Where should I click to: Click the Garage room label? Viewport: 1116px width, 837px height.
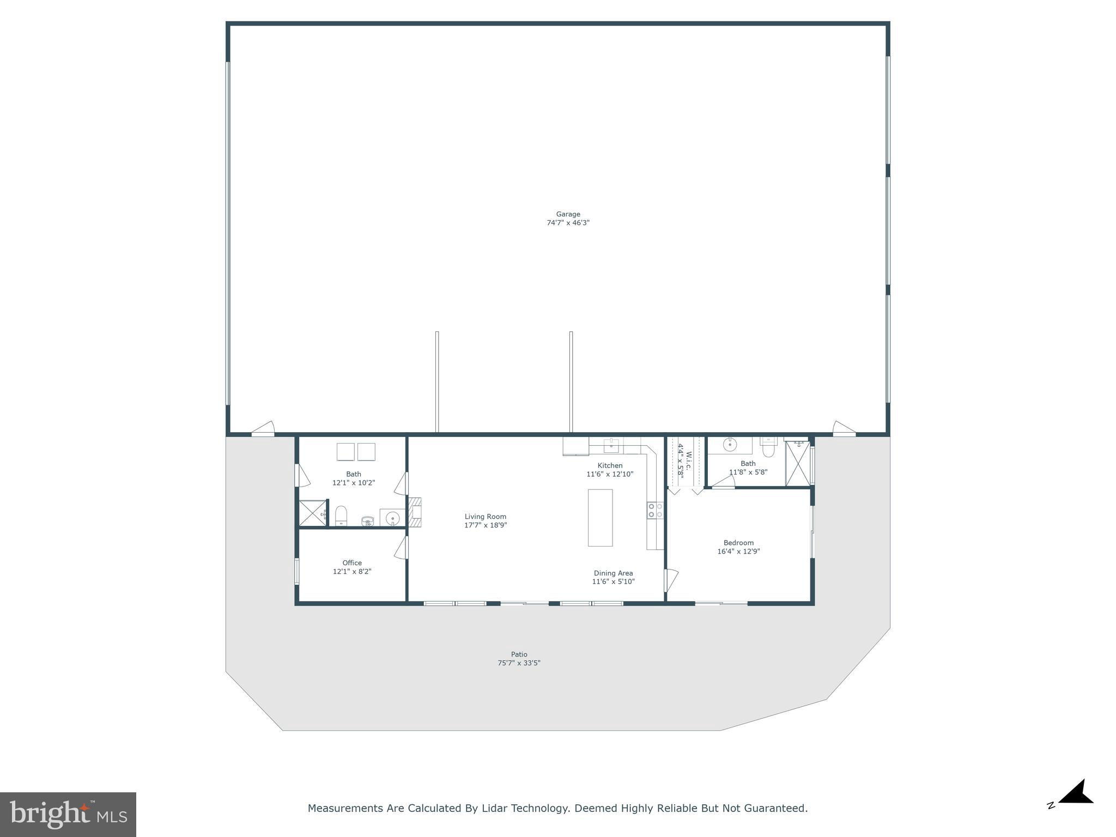[x=568, y=214]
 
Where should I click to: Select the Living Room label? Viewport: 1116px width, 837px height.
[x=486, y=517]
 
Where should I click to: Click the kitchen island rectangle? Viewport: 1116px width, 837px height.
[x=600, y=518]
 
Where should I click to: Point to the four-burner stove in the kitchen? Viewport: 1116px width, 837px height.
[x=655, y=511]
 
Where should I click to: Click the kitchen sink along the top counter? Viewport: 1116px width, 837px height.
[x=611, y=445]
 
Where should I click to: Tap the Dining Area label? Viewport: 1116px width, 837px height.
[x=613, y=573]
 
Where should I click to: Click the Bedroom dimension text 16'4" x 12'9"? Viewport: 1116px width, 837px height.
[x=738, y=551]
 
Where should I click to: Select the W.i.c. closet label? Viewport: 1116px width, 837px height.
[x=689, y=462]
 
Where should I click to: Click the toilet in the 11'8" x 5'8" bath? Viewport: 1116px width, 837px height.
[x=768, y=447]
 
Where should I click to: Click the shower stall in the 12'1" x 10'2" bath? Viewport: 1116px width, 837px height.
[x=312, y=513]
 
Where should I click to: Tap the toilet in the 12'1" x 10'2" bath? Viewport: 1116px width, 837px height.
[x=341, y=515]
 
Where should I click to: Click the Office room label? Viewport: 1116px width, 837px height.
[x=352, y=563]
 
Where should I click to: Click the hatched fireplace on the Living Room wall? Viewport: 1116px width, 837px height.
[x=415, y=512]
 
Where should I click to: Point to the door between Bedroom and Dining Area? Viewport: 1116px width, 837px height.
[x=670, y=580]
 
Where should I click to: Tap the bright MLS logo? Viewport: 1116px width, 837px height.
[x=68, y=814]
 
